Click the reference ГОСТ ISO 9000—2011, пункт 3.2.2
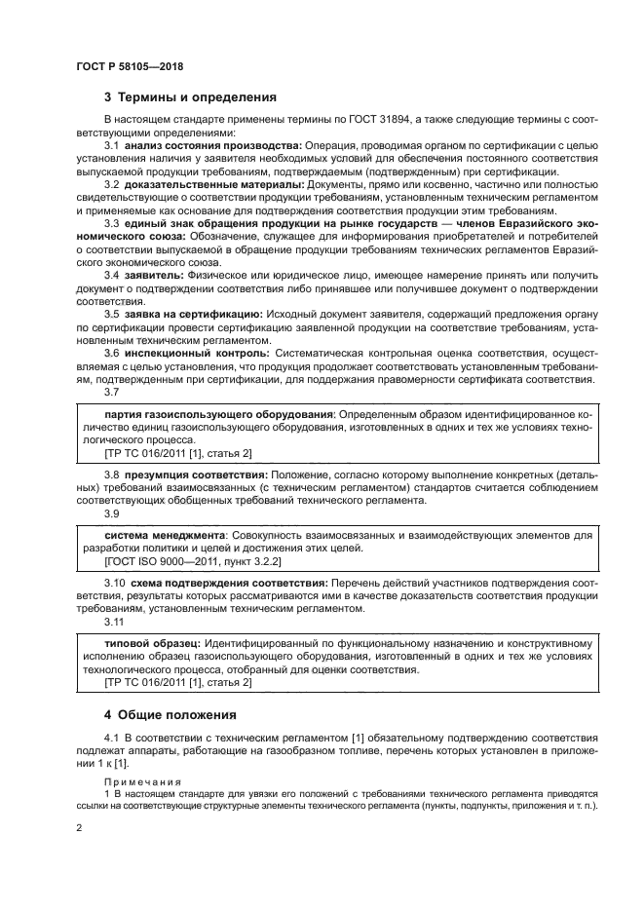pyautogui.click(x=180, y=561)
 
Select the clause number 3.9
pyautogui.click(x=111, y=512)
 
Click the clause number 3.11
pyautogui.click(x=114, y=621)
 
